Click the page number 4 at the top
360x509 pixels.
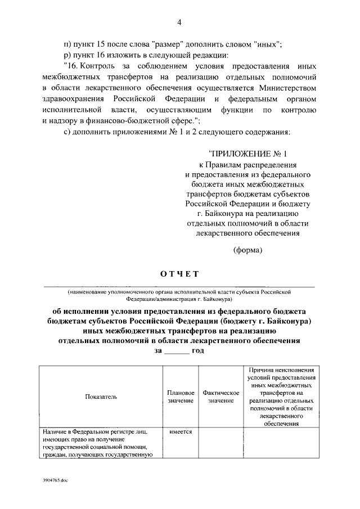pos(179,22)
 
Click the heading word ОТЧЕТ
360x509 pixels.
pos(179,274)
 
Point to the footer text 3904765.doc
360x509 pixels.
pos(58,482)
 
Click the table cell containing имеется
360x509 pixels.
pos(181,431)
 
